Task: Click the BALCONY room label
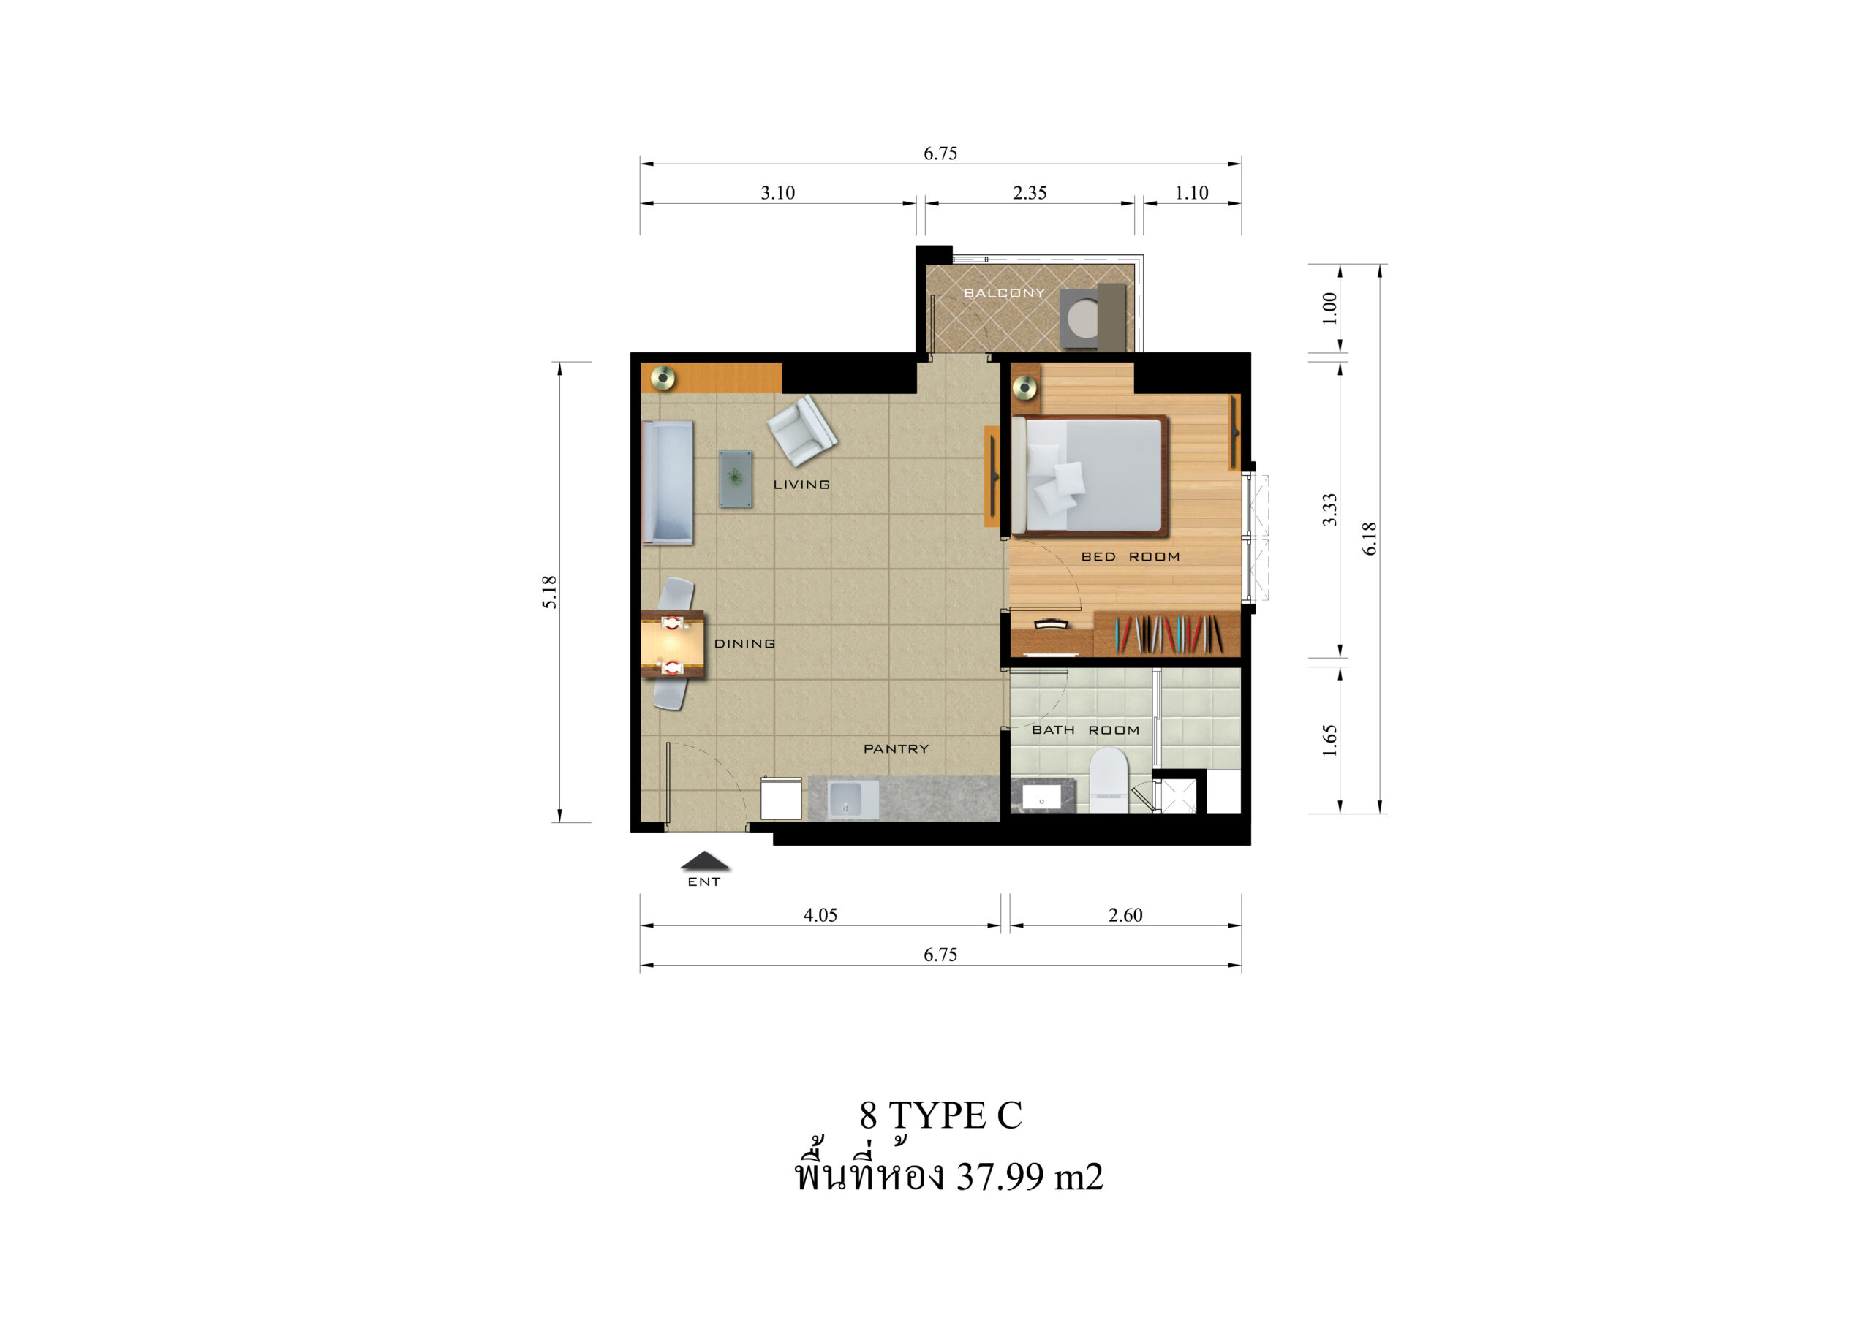(1004, 292)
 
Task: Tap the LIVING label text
(801, 484)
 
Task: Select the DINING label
(744, 643)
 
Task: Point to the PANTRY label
(896, 748)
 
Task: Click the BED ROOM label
(1130, 557)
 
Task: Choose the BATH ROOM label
(1085, 729)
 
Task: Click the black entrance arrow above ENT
(705, 861)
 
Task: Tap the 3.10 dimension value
(778, 192)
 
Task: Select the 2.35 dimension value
(1030, 192)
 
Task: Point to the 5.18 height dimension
(549, 592)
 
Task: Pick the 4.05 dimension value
(820, 914)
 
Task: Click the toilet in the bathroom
(1109, 780)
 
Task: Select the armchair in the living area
(802, 431)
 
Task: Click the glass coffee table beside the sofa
(736, 479)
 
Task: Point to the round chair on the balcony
(1083, 319)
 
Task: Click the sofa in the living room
(668, 482)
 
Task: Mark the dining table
(673, 644)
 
